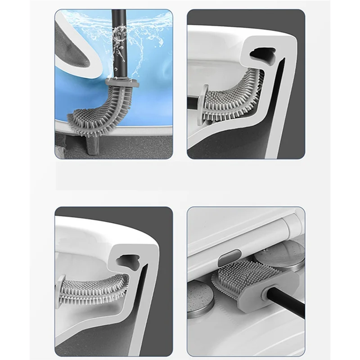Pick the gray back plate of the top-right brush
pos(202,103)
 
